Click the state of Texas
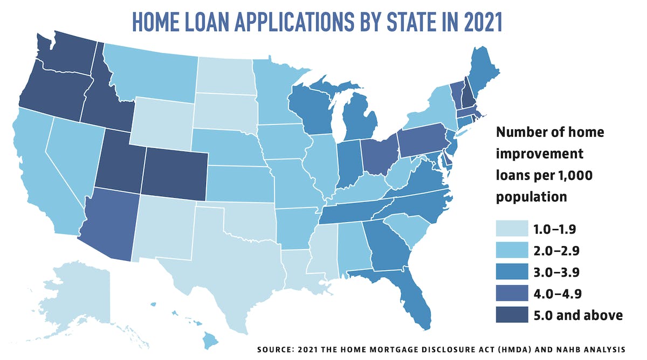tap(237, 259)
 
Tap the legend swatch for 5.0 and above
tap(509, 315)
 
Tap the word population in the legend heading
tap(531, 197)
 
